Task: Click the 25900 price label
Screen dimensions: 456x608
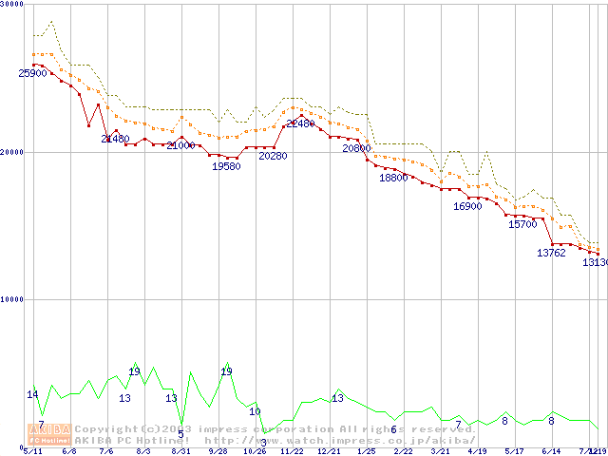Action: coord(32,73)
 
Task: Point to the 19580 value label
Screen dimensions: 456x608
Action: coord(226,166)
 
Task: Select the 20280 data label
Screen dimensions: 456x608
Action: coord(273,156)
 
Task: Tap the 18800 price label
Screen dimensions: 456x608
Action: coord(393,178)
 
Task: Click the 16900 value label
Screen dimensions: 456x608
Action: coord(467,206)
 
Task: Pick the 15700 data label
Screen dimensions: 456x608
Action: coord(522,225)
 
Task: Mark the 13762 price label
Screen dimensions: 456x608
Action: coord(552,254)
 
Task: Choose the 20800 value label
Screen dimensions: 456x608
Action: coord(356,149)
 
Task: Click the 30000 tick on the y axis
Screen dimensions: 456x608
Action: coord(12,4)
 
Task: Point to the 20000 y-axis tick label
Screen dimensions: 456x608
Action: coord(12,152)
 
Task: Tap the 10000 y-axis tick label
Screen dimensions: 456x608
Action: coord(12,299)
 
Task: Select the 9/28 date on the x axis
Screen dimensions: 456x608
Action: coord(217,452)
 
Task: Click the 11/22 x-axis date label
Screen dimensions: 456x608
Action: coord(292,452)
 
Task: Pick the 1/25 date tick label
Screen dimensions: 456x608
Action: coord(366,452)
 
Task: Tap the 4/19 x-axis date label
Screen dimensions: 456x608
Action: coord(477,452)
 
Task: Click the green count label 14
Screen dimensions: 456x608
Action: coord(32,394)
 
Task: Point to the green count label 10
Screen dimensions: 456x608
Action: coord(255,411)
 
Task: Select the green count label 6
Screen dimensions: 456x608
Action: coord(393,429)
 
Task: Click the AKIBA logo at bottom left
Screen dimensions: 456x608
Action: coord(48,434)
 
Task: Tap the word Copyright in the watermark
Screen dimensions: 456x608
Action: coord(104,429)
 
